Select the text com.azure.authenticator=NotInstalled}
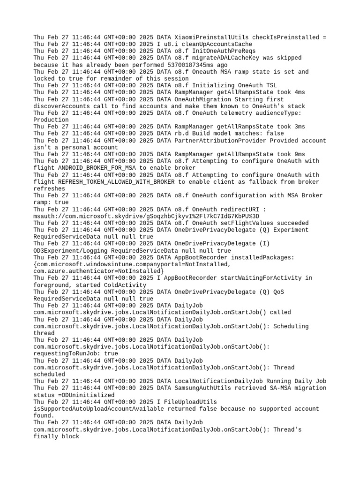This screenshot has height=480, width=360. (99, 271)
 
